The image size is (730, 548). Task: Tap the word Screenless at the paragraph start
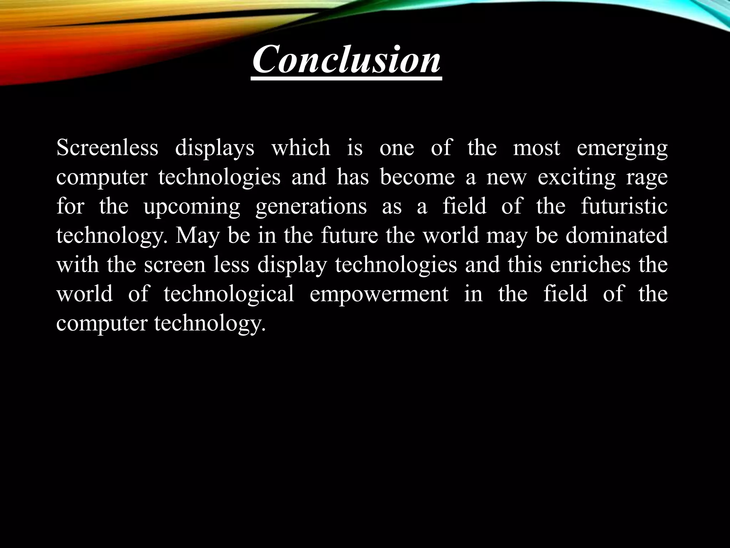pos(107,148)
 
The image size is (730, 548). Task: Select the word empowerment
pos(379,295)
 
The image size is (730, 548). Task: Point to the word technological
pos(229,295)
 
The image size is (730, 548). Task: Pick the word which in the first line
pos(301,148)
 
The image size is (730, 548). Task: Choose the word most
pos(536,148)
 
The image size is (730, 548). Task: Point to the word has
pos(353,177)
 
